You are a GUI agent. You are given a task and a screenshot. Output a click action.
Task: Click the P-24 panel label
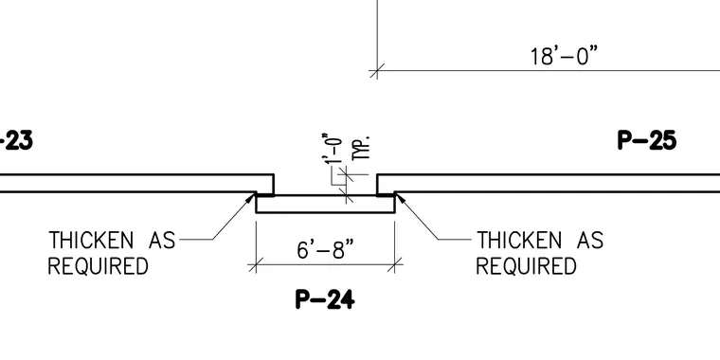pos(325,299)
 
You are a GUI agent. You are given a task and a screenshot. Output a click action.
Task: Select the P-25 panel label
pos(647,140)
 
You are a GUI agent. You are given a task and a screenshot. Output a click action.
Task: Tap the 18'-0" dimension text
pos(565,56)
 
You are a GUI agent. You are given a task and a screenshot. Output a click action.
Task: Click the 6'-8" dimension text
pos(326,249)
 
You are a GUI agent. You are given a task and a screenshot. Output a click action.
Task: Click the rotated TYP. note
pos(362,149)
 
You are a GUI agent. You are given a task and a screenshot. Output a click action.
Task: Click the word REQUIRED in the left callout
pos(98,266)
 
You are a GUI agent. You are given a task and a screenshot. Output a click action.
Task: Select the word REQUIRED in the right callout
pos(526,266)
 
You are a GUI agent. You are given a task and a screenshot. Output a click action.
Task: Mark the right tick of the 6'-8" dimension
pos(395,264)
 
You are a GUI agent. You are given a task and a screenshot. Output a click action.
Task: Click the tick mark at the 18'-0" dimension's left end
pos(377,71)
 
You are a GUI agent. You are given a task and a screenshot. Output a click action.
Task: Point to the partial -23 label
pos(16,140)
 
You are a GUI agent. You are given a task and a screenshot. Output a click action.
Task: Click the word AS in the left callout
pos(163,240)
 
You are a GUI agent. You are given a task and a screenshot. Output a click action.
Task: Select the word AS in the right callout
pos(590,240)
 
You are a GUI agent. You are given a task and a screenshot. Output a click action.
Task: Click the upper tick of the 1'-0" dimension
pos(348,174)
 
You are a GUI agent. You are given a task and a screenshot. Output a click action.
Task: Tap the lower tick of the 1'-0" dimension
pos(348,196)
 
